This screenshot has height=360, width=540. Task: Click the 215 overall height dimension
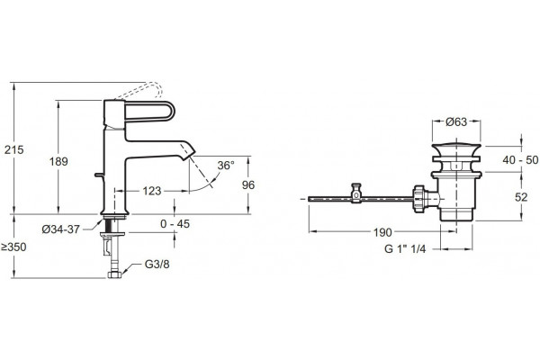[13, 150]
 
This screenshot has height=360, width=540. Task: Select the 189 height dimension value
[58, 161]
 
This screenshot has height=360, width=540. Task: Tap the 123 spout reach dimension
[152, 191]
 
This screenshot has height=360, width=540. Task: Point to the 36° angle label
[226, 166]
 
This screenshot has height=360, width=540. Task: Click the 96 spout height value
[248, 185]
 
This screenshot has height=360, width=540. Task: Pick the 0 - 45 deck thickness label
[175, 224]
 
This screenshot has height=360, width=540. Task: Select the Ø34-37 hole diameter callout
[61, 229]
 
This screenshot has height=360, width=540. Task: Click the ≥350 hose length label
[13, 247]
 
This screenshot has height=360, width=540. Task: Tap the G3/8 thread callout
[157, 265]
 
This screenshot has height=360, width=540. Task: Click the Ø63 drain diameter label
[456, 121]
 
